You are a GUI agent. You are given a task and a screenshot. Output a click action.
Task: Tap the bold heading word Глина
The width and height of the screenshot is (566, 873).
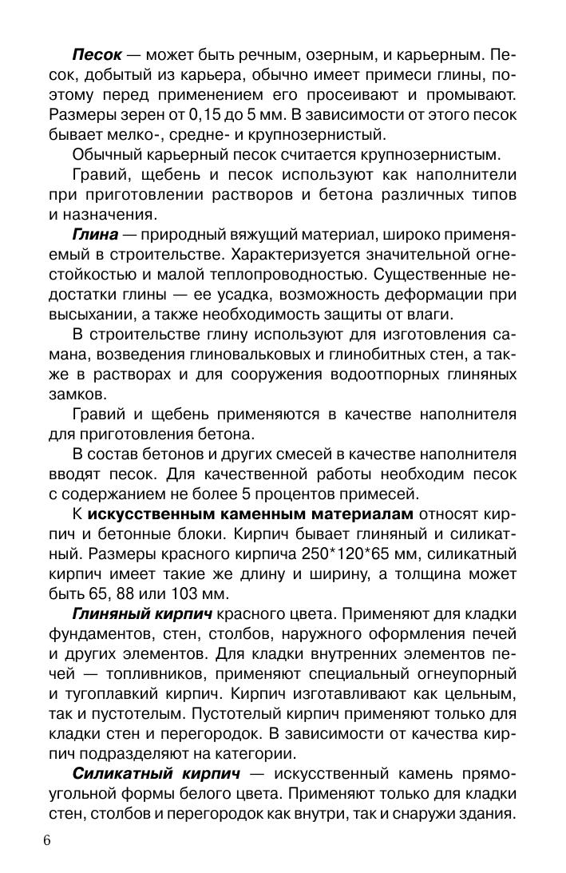point(95,234)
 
